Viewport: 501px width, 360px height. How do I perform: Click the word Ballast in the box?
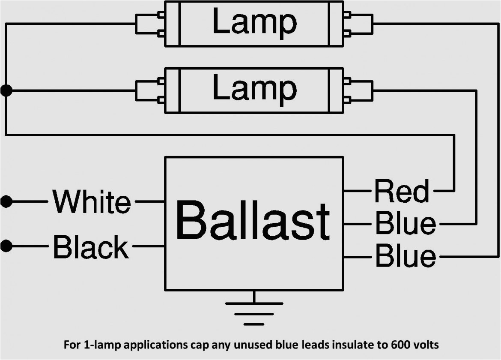pyautogui.click(x=253, y=222)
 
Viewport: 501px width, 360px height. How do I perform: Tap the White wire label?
pyautogui.click(x=91, y=201)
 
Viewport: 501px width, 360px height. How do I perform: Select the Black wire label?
pyautogui.click(x=90, y=247)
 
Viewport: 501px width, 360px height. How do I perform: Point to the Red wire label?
pyautogui.click(x=401, y=191)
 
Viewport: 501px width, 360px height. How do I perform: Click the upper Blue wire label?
pyautogui.click(x=405, y=223)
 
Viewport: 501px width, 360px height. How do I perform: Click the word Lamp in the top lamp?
pyautogui.click(x=254, y=23)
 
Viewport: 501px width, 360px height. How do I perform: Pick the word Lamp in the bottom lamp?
pyautogui.click(x=254, y=89)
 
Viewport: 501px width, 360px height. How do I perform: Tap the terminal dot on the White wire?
pyautogui.click(x=6, y=201)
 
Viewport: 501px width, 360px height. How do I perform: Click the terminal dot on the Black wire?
pyautogui.click(x=6, y=246)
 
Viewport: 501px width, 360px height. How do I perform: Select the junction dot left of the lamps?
pyautogui.click(x=6, y=90)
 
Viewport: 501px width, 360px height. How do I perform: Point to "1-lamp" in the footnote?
pyautogui.click(x=98, y=344)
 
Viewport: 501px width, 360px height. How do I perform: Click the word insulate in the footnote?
pyautogui.click(x=358, y=344)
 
